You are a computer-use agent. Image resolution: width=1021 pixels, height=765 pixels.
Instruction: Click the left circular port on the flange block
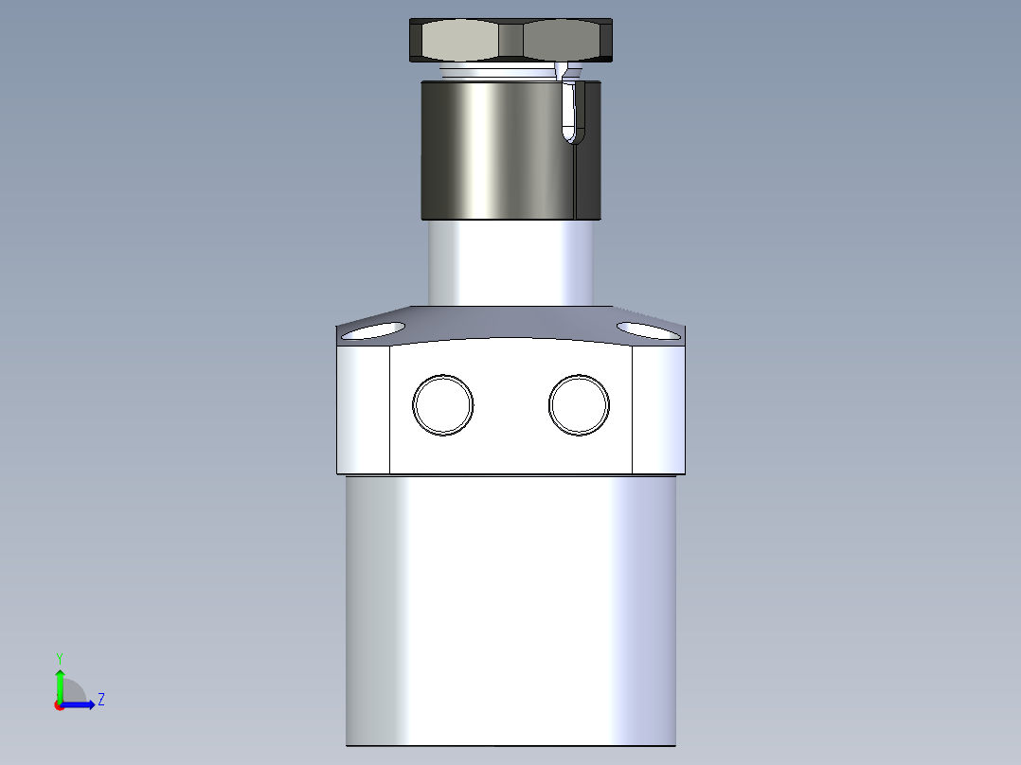click(442, 405)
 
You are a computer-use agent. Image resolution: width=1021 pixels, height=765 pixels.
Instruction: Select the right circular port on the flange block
click(579, 405)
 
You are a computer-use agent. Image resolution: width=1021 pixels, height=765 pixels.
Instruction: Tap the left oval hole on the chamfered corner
click(372, 330)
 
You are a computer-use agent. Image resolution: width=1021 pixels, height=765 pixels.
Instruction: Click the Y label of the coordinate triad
click(59, 657)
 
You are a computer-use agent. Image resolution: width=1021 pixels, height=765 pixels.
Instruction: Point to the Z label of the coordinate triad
click(100, 700)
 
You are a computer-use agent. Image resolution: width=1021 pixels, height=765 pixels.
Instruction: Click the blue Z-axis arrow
click(81, 704)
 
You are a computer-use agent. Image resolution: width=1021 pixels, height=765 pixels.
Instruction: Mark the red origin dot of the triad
click(60, 705)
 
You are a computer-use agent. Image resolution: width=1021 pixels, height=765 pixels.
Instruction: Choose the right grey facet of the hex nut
click(563, 41)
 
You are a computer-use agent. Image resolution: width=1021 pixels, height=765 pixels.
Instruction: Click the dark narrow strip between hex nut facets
click(511, 41)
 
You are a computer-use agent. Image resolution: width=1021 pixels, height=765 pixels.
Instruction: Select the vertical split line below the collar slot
click(576, 180)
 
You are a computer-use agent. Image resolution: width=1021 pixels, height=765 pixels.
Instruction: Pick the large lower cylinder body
click(511, 606)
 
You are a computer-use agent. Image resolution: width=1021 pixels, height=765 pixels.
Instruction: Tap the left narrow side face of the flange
click(364, 409)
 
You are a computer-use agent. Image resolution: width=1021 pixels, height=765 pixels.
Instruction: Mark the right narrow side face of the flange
click(658, 409)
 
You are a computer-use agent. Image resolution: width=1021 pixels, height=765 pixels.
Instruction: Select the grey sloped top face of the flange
click(511, 321)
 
